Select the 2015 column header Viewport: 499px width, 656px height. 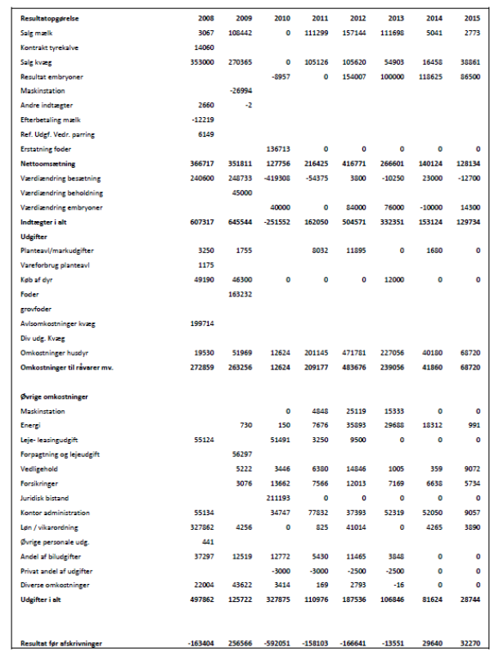(472, 18)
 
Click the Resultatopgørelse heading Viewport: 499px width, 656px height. (50, 18)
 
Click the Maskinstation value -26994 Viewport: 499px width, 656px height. (241, 91)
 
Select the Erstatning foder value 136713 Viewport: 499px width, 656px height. (278, 149)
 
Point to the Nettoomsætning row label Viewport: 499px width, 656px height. (48, 164)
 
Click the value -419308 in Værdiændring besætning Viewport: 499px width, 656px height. (276, 178)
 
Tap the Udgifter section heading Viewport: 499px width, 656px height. (34, 236)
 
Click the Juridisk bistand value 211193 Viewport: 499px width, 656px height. (278, 498)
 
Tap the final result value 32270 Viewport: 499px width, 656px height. (470, 644)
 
